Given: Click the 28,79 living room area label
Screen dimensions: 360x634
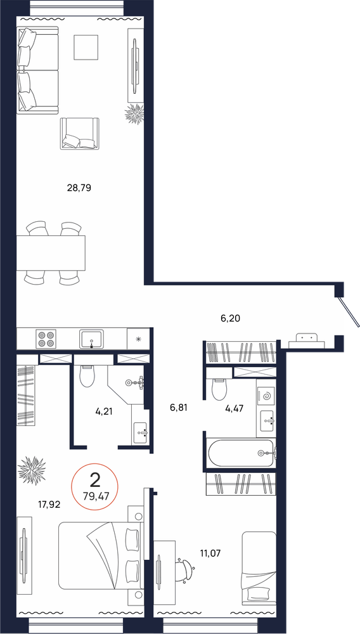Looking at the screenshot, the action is [x=79, y=188].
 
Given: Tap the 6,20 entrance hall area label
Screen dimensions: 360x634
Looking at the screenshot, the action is [x=230, y=318].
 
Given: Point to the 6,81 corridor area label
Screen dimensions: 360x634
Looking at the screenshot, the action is [x=179, y=408].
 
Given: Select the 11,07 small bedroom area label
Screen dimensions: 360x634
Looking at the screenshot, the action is [x=210, y=552].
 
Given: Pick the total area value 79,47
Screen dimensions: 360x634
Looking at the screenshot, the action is [x=94, y=496].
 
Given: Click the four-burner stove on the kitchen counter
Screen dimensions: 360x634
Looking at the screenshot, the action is [x=46, y=339].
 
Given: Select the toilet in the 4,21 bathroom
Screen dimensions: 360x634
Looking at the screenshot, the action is [x=86, y=376].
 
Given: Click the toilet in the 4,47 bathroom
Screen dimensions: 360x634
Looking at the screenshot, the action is [x=219, y=389].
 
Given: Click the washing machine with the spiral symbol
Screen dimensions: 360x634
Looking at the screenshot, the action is [x=266, y=396].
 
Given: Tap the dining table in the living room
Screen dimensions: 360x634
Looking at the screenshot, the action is [x=51, y=253].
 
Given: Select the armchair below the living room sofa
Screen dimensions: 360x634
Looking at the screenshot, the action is [x=80, y=134].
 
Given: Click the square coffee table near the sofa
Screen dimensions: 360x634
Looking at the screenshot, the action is [x=86, y=48].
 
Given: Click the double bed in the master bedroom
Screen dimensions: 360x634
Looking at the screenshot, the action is [x=101, y=555].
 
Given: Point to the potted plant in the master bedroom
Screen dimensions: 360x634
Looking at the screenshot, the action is [x=32, y=470].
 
